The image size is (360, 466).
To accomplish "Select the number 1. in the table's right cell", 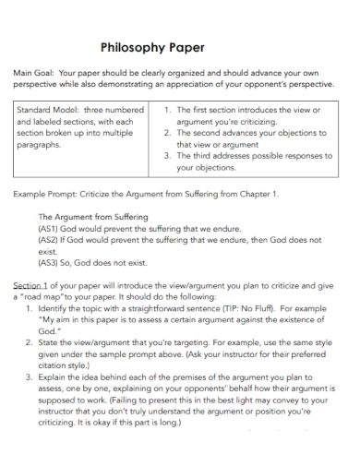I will coord(169,110).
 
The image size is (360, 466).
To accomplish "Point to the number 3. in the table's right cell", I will coord(169,157).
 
